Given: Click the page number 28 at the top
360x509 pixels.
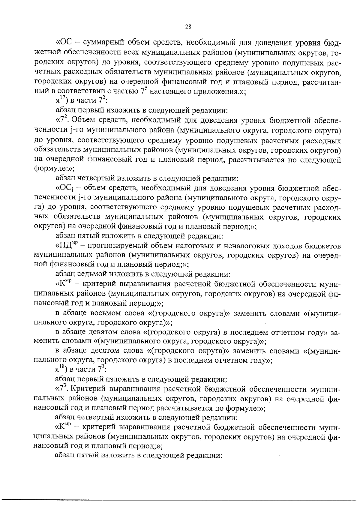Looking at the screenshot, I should coord(188,26).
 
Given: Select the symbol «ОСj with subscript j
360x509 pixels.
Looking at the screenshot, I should coord(64,189).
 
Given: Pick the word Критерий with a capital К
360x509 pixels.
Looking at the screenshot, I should coord(85,390).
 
